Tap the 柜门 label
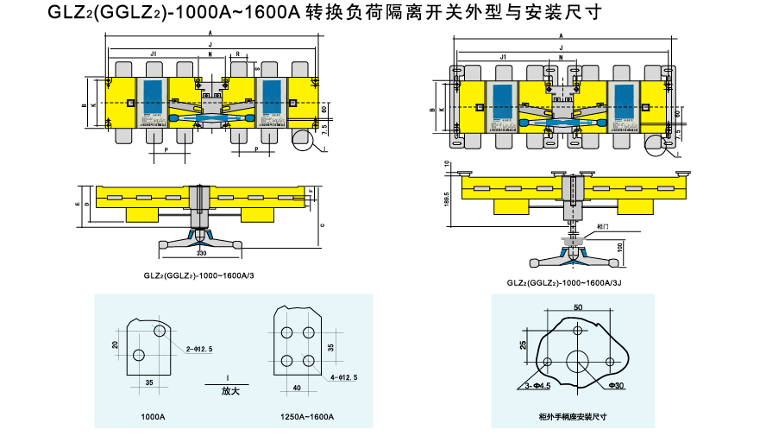click(x=601, y=226)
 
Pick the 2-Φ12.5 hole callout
click(x=199, y=348)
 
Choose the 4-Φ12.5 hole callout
click(x=344, y=377)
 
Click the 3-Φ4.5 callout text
click(x=537, y=385)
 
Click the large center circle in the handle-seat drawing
click(x=578, y=360)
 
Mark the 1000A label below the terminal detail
click(x=153, y=416)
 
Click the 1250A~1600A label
click(x=307, y=416)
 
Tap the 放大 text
click(x=229, y=391)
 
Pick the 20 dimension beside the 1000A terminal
click(x=115, y=344)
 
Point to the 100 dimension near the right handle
click(x=619, y=247)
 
